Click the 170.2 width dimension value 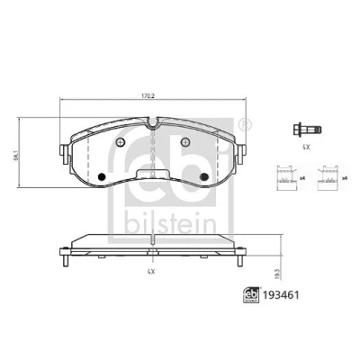coord(148,96)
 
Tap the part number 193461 coord(281,295)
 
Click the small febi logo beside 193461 coord(251,295)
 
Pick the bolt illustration coord(307,130)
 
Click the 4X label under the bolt coord(306,147)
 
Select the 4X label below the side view coord(151,272)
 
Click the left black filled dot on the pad coord(102,177)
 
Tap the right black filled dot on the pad coord(204,176)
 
